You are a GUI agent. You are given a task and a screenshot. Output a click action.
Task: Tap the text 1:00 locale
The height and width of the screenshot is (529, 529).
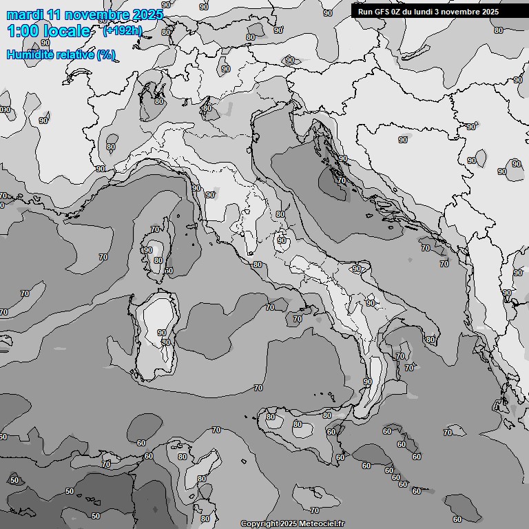pyautogui.click(x=48, y=31)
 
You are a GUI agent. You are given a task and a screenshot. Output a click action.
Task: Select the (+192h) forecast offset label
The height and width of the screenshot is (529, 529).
pyautogui.click(x=122, y=30)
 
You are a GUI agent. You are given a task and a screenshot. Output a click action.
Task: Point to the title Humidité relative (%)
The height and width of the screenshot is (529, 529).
pyautogui.click(x=61, y=54)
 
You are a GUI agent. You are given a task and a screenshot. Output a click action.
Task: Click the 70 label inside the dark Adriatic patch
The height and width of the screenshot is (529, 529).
pyautogui.click(x=342, y=180)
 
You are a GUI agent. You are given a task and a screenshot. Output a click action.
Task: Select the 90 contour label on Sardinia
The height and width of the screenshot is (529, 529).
pyautogui.click(x=162, y=333)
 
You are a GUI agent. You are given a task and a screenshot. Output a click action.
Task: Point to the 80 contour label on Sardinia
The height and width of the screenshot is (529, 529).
pyautogui.click(x=165, y=342)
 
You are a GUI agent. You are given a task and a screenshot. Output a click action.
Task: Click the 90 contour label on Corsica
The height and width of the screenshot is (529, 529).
pyautogui.click(x=147, y=250)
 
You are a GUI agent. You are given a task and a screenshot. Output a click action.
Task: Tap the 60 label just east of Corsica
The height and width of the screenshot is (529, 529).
pyautogui.click(x=169, y=271)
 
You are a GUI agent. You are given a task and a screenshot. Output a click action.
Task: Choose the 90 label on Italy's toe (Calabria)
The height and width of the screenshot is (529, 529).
pyautogui.click(x=367, y=382)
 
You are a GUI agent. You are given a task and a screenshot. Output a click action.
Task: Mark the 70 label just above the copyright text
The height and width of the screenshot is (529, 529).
pyautogui.click(x=315, y=510)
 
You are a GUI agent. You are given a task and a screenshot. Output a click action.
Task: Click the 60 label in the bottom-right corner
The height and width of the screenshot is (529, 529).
pyautogui.click(x=457, y=519)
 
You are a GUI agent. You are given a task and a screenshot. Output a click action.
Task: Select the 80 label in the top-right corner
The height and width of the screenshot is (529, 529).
pyautogui.click(x=499, y=30)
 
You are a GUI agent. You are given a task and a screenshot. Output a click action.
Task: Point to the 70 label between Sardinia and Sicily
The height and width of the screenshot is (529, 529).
pyautogui.click(x=258, y=388)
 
